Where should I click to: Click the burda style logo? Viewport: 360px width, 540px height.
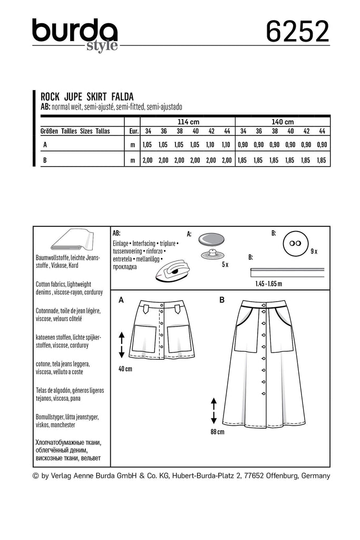pyautogui.click(x=74, y=35)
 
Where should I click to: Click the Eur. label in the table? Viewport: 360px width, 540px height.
pyautogui.click(x=133, y=131)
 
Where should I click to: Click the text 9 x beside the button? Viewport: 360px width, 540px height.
pyautogui.click(x=314, y=252)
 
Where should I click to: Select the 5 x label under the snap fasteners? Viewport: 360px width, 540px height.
pyautogui.click(x=224, y=264)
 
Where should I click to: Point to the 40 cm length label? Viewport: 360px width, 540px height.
pyautogui.click(x=125, y=369)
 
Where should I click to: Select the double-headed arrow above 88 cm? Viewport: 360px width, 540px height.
pyautogui.click(x=214, y=411)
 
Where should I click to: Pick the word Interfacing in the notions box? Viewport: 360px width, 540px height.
pyautogui.click(x=142, y=245)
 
